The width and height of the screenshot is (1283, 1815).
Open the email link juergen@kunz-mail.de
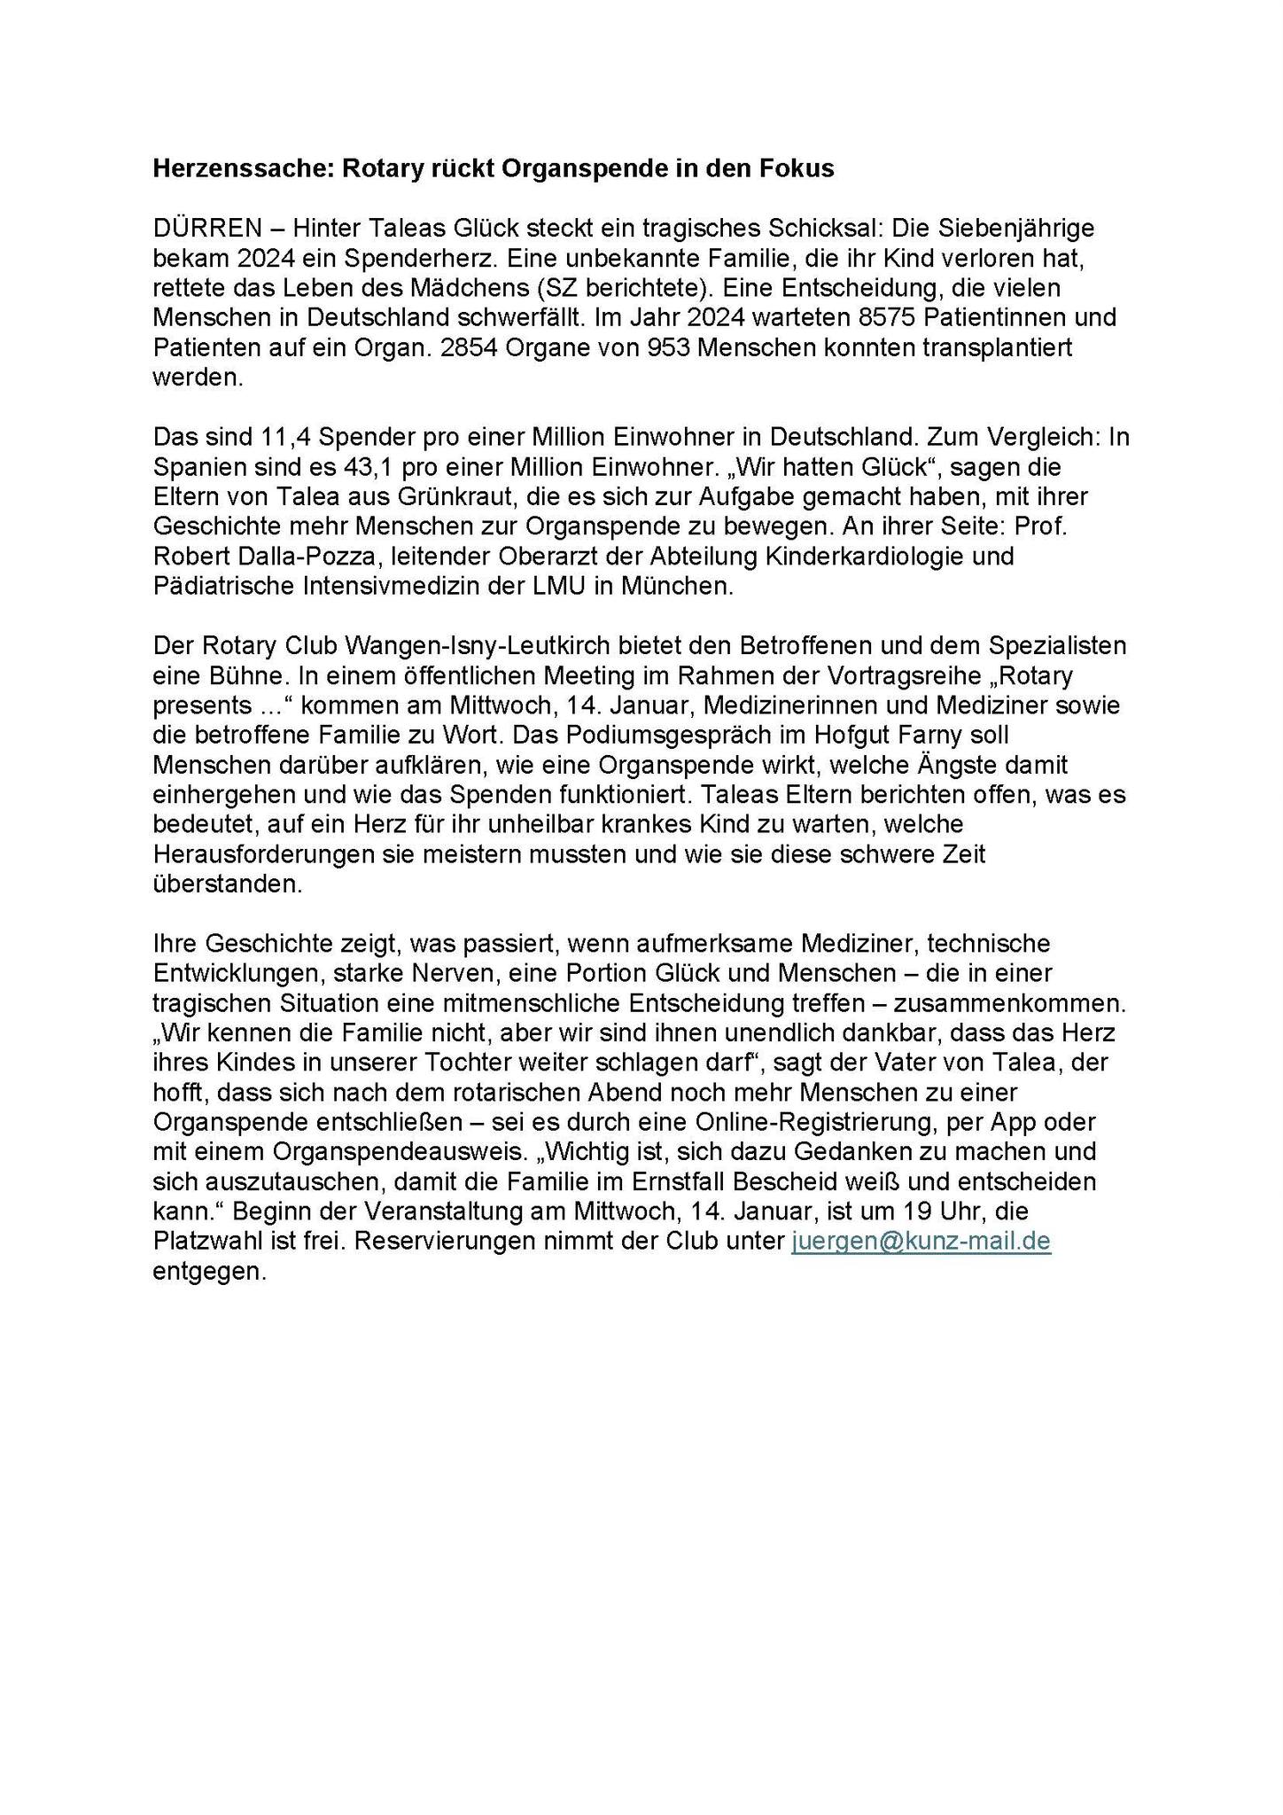[x=921, y=1241]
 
